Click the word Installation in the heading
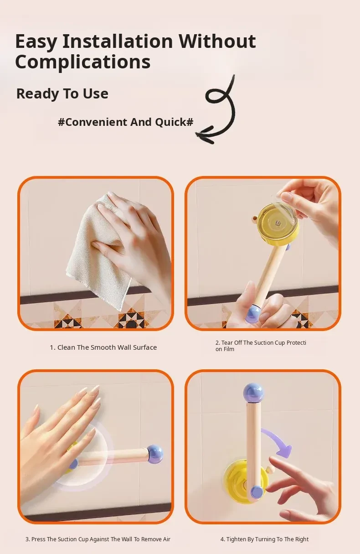(118, 41)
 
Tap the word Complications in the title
(83, 62)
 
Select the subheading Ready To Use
(62, 94)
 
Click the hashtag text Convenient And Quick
(126, 122)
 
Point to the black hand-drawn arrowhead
(204, 135)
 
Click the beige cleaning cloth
(99, 250)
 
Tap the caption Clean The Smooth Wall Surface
(103, 347)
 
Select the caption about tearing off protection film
(261, 346)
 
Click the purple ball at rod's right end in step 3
(155, 454)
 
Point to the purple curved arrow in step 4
(278, 441)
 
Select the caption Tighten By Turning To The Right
(264, 539)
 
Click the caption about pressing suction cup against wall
(98, 539)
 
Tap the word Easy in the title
(36, 41)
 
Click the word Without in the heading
(217, 41)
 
